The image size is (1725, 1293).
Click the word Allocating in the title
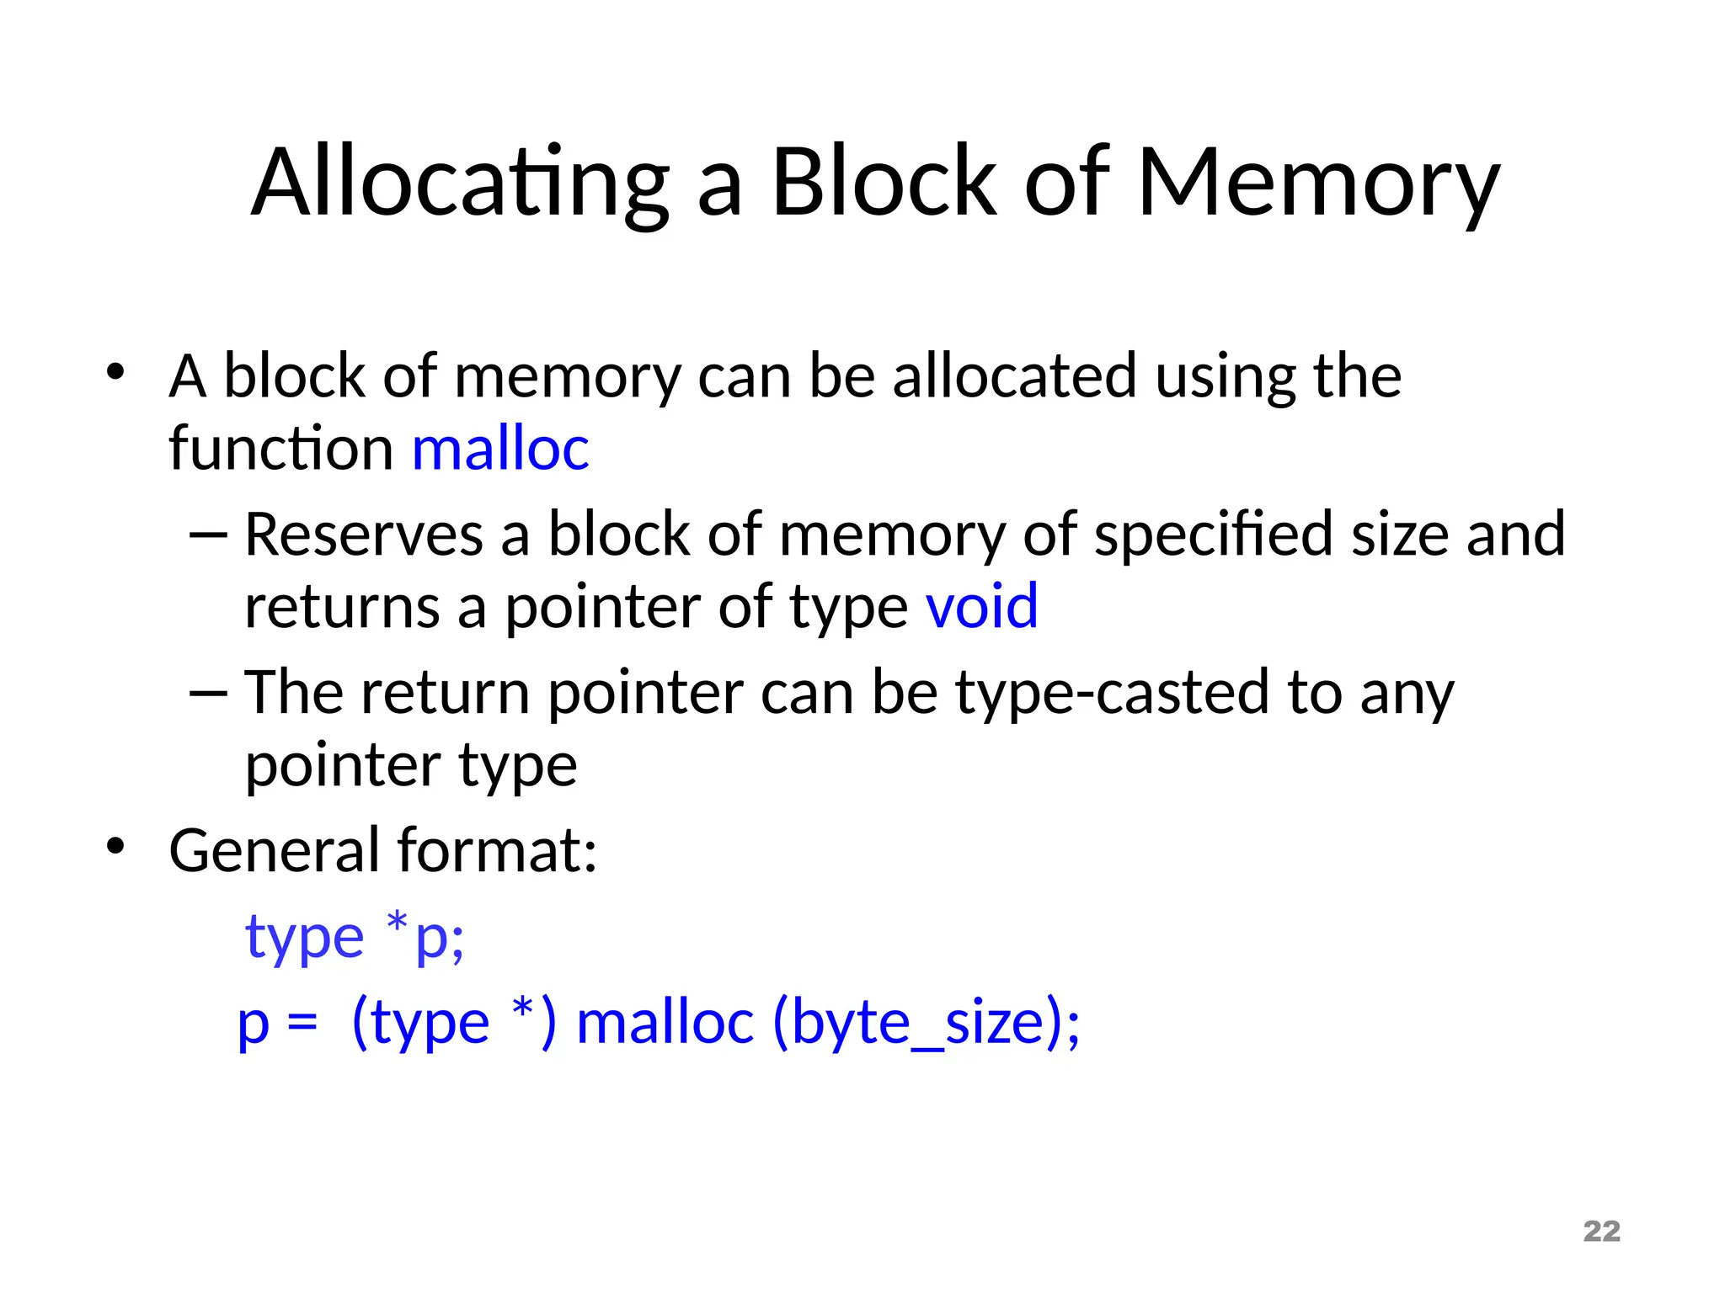[460, 183]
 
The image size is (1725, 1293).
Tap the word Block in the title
[884, 183]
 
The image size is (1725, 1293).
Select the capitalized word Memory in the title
[1318, 183]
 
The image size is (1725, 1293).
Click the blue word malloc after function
[500, 448]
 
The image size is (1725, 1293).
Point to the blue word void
[981, 606]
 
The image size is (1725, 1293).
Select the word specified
[1214, 535]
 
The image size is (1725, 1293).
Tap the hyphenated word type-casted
[1112, 694]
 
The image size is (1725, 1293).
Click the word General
[275, 850]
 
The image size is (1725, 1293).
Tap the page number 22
[1601, 1232]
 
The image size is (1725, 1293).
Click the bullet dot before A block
[115, 371]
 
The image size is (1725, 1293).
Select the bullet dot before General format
[115, 846]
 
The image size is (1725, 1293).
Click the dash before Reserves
[209, 535]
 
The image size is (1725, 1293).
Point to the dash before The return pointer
[209, 693]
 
